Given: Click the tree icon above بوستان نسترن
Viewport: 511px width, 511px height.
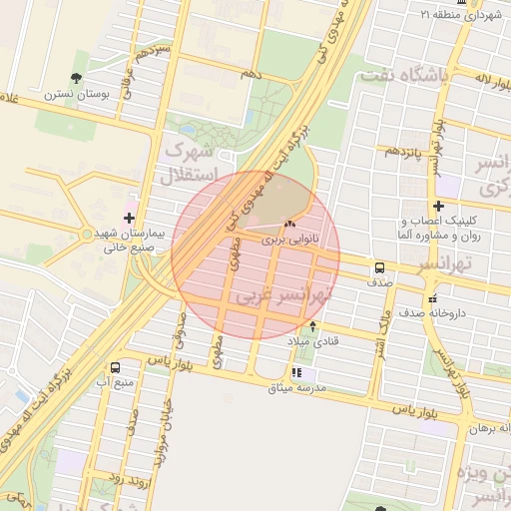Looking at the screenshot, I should click(x=76, y=78).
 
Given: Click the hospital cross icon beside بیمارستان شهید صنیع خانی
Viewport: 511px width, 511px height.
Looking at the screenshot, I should click(x=129, y=217).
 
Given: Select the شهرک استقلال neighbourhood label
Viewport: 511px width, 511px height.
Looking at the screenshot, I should click(x=186, y=166).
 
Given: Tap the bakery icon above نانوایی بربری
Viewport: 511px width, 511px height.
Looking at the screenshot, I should click(x=290, y=225).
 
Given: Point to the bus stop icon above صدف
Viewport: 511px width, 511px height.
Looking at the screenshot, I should click(x=379, y=267).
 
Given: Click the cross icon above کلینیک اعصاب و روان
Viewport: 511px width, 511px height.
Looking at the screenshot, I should click(x=438, y=206).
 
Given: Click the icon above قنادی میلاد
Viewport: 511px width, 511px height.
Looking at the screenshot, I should click(x=314, y=326).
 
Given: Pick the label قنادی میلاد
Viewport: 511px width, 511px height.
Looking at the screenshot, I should click(x=314, y=341).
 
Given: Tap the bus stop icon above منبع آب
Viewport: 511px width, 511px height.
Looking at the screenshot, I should click(x=117, y=367).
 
